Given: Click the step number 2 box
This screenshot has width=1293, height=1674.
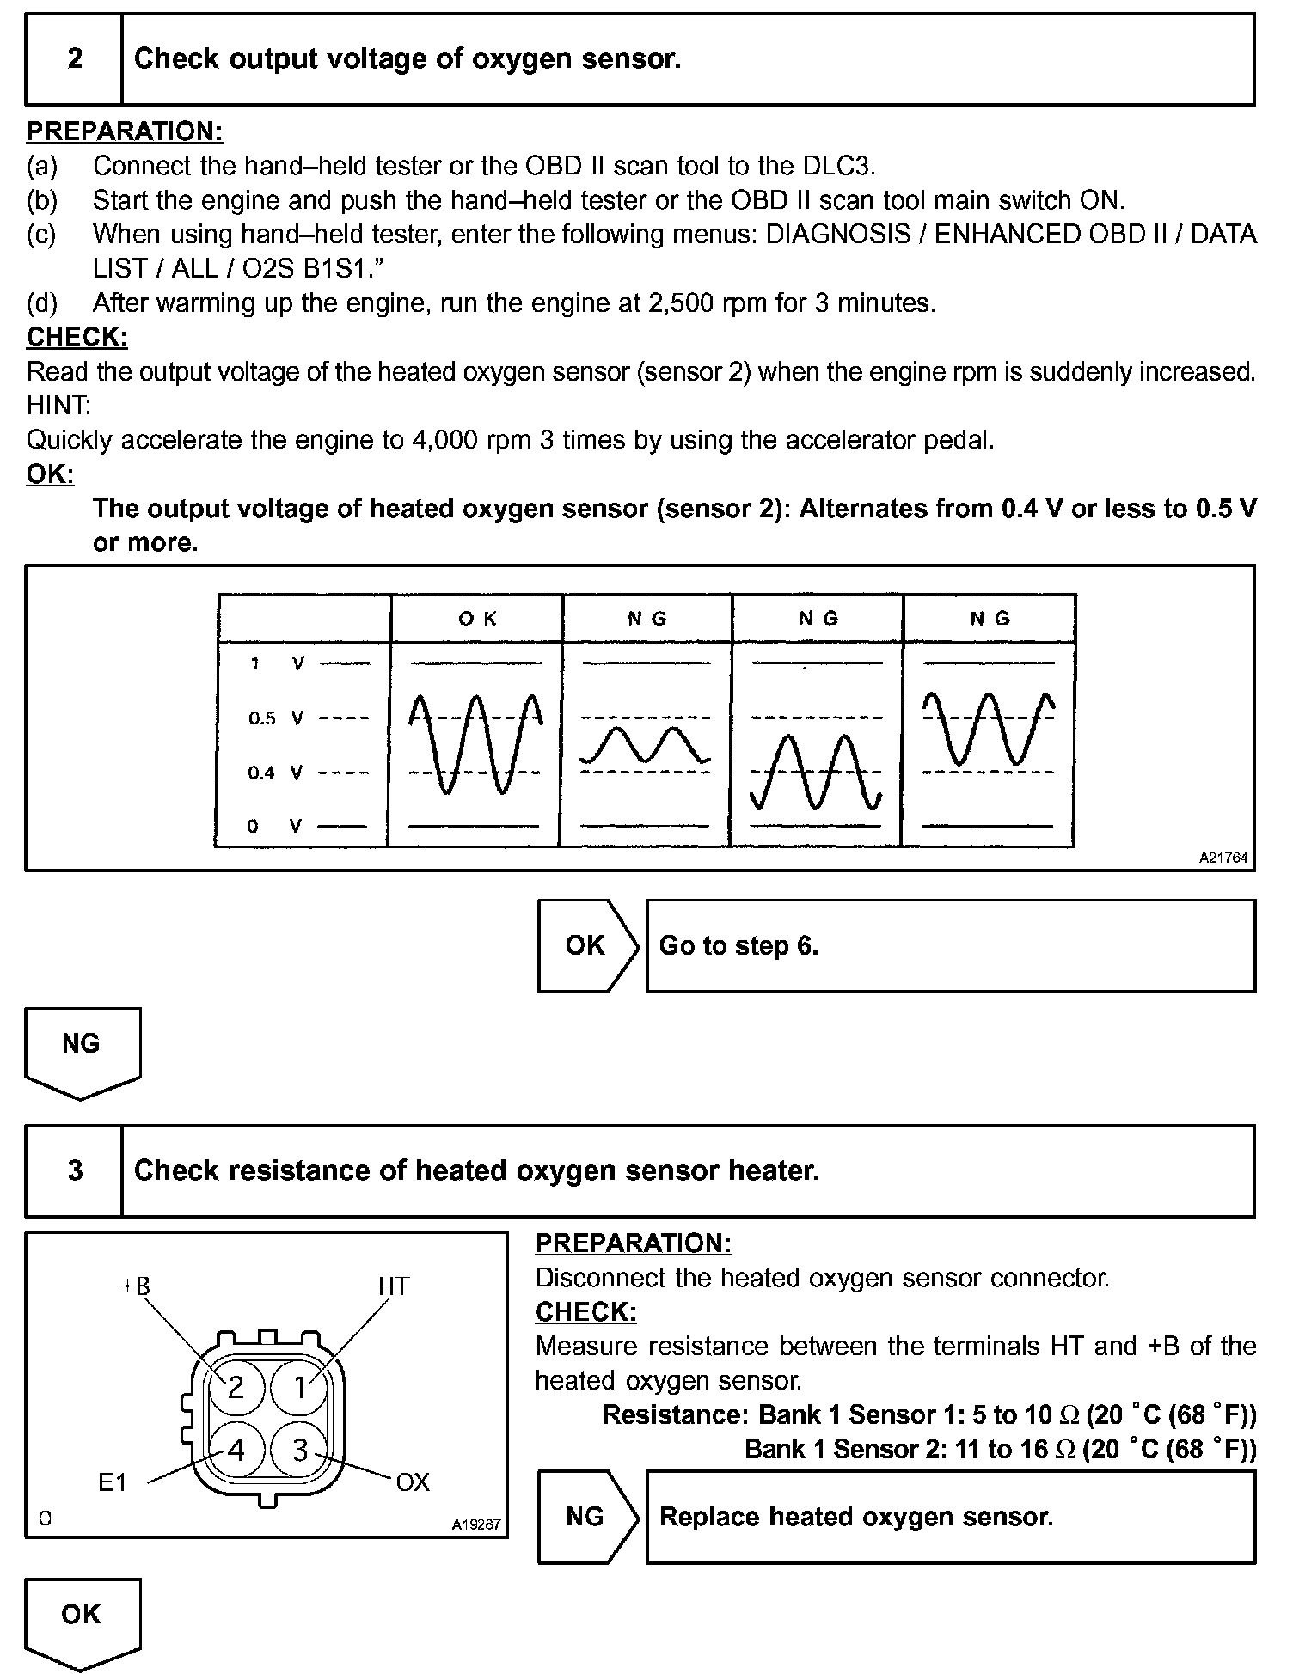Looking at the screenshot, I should point(75,59).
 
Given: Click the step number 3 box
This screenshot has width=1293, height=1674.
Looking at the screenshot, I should point(75,1170).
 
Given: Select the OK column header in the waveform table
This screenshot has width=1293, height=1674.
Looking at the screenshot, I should point(477,618).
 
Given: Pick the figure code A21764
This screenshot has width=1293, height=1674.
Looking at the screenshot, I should point(1223,858).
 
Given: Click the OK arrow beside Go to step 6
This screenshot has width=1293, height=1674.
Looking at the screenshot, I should point(586,945).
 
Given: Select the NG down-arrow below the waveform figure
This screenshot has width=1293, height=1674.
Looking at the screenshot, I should point(82,1048).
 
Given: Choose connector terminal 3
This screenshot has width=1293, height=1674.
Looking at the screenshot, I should point(300,1451).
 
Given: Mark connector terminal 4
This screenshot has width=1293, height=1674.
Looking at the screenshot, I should point(236,1451).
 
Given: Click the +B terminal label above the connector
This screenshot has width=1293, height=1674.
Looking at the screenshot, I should point(135,1286).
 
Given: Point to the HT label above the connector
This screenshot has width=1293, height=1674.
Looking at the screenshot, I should point(394,1286).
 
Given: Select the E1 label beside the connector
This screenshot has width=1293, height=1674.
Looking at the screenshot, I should point(113,1482).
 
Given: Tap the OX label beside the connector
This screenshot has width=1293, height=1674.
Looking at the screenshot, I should point(413,1482).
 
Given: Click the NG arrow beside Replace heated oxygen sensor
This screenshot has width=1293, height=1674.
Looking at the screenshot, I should point(586,1517).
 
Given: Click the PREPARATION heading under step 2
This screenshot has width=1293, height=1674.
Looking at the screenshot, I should point(125,131).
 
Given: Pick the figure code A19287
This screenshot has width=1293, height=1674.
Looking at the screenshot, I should point(476,1525).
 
